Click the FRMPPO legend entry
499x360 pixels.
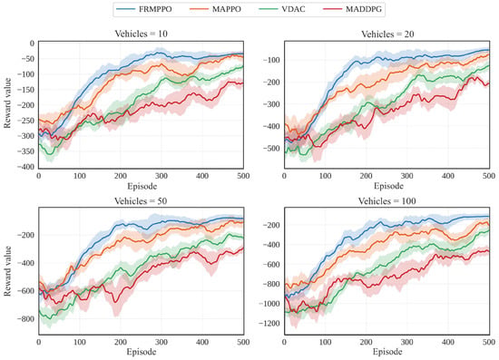(x=144, y=9)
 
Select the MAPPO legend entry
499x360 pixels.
(x=215, y=9)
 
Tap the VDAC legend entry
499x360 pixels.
(x=282, y=9)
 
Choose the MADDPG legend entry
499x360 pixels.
(x=353, y=9)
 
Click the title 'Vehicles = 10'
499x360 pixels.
(x=141, y=34)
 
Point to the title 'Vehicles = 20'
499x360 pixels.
(x=387, y=34)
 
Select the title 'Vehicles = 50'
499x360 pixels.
(x=141, y=201)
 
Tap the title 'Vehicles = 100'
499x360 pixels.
(x=387, y=201)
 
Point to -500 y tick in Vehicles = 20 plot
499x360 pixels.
(x=271, y=148)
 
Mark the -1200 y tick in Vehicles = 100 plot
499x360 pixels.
(x=269, y=324)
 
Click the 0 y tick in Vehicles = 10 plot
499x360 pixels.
(x=32, y=44)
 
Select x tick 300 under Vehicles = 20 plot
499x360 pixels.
(x=407, y=176)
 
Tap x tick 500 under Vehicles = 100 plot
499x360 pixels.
(x=489, y=342)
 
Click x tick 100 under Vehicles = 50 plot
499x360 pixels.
(x=80, y=342)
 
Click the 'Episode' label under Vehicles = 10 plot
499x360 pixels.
(x=142, y=186)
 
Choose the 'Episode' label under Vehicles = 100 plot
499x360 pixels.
(x=387, y=352)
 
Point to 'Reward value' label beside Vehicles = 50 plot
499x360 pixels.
(x=7, y=271)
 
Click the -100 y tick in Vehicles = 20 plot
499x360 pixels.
(x=271, y=60)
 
